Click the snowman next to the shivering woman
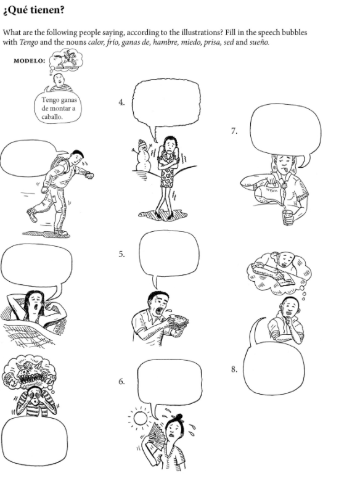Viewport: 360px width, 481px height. click(142, 155)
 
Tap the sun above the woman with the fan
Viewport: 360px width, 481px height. click(141, 417)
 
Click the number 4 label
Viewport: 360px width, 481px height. click(121, 102)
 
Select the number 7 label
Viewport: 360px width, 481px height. click(234, 131)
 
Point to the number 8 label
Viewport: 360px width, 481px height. click(234, 369)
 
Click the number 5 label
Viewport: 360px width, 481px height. click(121, 254)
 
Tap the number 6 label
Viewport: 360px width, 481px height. click(121, 382)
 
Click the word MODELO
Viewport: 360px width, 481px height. click(29, 60)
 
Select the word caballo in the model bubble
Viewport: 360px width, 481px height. click(52, 117)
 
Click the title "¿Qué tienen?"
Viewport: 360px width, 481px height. click(34, 10)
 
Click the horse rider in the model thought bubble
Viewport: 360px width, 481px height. click(67, 60)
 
